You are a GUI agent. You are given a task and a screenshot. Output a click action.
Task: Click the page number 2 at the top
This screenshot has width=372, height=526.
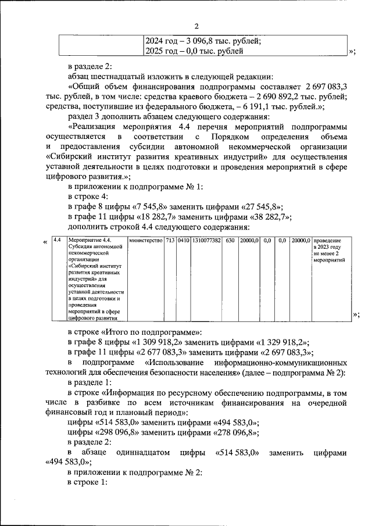coord(196,26)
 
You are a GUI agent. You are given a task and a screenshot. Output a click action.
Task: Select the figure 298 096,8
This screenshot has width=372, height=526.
coord(129,434)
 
